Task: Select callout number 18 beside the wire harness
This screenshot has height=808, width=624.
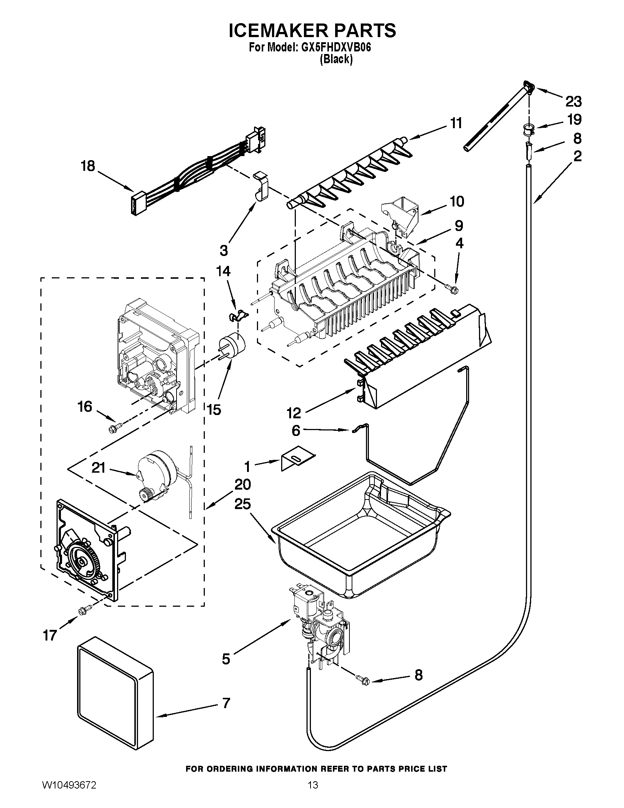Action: tap(88, 166)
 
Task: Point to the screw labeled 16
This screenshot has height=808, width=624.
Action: tap(112, 429)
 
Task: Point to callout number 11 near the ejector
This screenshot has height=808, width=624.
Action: tap(457, 123)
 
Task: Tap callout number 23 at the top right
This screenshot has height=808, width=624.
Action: tap(573, 101)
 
